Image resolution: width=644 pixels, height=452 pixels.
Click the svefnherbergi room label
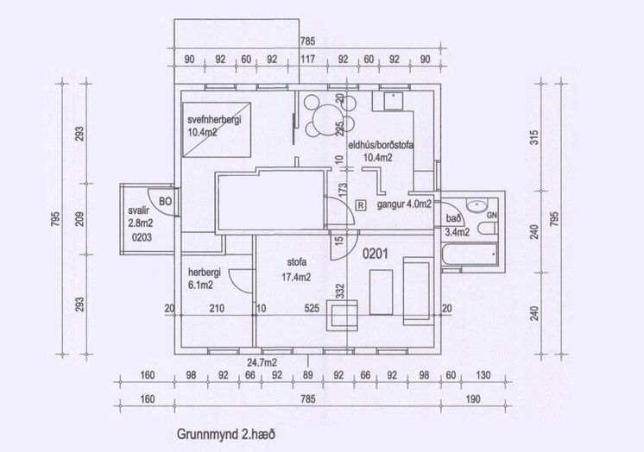[x=214, y=120]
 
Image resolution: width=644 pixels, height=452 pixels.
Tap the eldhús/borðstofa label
[x=381, y=145]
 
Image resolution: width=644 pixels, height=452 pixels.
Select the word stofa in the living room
[x=297, y=262]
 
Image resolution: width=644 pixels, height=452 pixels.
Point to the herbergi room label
[x=205, y=273]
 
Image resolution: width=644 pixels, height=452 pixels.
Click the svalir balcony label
[x=138, y=211]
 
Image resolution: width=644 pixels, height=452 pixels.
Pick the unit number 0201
[x=375, y=254]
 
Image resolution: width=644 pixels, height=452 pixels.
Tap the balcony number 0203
[x=142, y=237]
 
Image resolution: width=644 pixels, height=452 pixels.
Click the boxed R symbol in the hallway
[x=360, y=204]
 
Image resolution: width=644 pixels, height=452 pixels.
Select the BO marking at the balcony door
[x=165, y=202]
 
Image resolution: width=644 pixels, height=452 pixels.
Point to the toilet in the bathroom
[x=488, y=229]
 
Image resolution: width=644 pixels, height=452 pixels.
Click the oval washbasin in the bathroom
[x=477, y=204]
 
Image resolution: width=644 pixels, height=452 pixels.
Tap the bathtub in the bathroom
[x=470, y=254]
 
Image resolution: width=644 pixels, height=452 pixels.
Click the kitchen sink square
[x=394, y=101]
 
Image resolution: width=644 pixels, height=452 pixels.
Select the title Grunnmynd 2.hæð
[x=226, y=435]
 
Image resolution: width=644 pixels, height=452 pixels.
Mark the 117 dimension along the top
[x=307, y=60]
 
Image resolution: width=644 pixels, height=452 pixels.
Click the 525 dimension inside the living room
[x=312, y=308]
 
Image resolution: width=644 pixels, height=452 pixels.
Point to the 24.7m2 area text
[x=262, y=362]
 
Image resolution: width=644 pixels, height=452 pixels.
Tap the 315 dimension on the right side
[x=534, y=137]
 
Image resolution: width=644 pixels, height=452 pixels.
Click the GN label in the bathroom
[x=491, y=215]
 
